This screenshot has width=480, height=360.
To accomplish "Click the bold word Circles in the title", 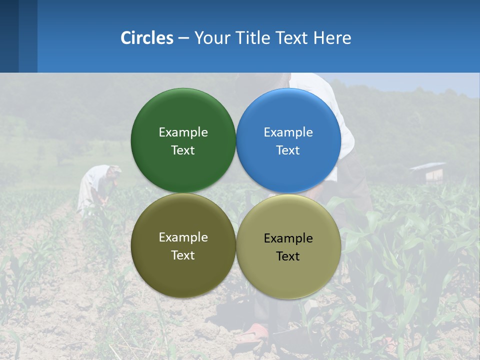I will [x=147, y=38].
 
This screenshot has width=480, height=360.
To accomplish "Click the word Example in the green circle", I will [x=183, y=132].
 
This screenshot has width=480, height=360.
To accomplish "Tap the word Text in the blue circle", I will [x=288, y=150].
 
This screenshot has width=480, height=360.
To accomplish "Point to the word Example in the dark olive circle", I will [x=183, y=237].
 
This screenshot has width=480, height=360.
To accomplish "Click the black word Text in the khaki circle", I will [x=288, y=256].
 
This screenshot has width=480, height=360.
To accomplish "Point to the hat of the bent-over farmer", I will [x=115, y=169].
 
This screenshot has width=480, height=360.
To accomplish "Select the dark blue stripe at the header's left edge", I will [x=9, y=36].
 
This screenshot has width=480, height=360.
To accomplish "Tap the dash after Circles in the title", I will [x=183, y=38].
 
